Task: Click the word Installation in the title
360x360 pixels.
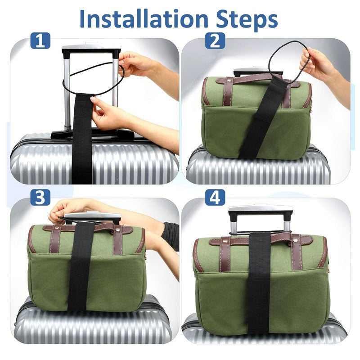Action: coord(144,19)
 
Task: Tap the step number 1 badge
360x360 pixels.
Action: coord(40,40)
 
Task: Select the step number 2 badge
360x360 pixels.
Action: coord(215,40)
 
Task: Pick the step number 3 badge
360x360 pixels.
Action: coord(40,197)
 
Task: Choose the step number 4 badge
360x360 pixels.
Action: coord(215,197)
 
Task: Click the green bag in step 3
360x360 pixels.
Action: coord(86,267)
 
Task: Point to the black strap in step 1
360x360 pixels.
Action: coord(82,138)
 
